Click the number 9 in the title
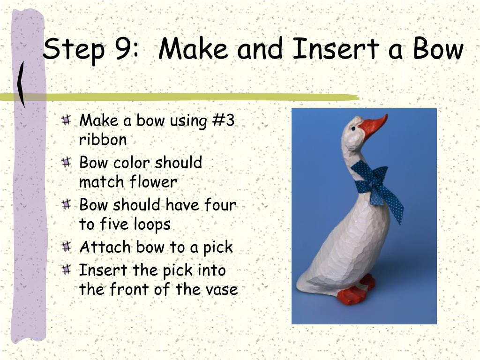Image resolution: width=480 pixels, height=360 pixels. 124,49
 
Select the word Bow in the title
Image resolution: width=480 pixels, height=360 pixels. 438,49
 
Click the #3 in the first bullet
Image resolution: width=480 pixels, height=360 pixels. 224,120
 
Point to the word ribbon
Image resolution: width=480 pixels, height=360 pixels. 103,139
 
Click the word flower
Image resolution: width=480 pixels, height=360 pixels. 153,181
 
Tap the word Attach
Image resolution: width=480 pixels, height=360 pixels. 105,247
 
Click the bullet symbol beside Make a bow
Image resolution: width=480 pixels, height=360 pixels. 66,120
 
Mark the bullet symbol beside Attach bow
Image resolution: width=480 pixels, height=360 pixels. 66,247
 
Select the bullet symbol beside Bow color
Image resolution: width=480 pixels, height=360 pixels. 66,162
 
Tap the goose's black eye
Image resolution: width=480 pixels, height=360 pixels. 353,128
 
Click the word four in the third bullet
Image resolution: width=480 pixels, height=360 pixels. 220,204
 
